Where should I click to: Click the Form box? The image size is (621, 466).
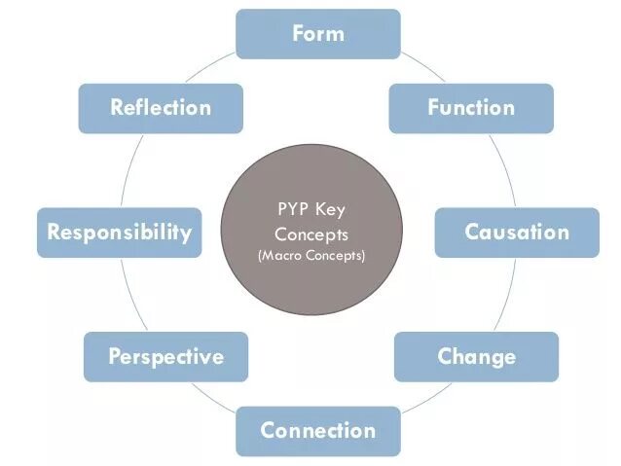[318, 34]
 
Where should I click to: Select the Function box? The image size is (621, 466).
[471, 108]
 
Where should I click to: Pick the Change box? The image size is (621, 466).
[476, 356]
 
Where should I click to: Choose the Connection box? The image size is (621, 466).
[317, 430]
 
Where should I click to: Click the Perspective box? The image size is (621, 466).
[165, 356]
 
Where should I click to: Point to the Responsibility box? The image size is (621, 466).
[120, 233]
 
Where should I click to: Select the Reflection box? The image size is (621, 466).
[161, 108]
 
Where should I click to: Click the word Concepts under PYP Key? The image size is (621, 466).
[310, 234]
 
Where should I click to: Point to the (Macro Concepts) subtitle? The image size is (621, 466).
[310, 256]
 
